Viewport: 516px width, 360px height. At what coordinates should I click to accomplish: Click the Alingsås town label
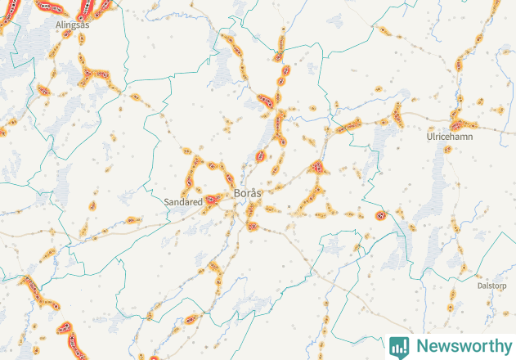[x=72, y=25]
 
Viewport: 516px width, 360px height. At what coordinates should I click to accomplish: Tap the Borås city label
[x=248, y=193]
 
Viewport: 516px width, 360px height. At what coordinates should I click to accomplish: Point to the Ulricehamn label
[x=450, y=137]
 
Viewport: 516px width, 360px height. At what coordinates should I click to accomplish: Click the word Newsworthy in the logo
[x=460, y=346]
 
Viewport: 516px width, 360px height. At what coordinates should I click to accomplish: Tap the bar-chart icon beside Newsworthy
[x=399, y=346]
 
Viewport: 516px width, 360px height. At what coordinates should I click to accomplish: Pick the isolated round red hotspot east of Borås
[x=379, y=215]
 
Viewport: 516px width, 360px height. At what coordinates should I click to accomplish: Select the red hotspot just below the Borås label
[x=252, y=225]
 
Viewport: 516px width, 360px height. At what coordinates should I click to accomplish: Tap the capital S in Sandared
[x=167, y=200]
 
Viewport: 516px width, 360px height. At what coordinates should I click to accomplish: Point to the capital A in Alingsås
[x=58, y=25]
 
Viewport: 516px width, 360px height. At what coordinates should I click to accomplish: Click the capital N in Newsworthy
[x=421, y=346]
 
